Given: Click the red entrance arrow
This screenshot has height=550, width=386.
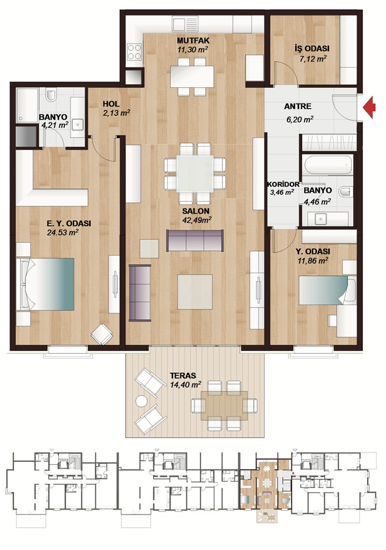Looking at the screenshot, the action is (x=369, y=108).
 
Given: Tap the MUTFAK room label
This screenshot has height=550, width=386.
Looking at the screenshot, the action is (x=193, y=41).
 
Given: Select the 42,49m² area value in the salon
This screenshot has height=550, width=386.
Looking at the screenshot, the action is (x=196, y=220).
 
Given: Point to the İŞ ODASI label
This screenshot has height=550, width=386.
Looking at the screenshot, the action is (x=312, y=49).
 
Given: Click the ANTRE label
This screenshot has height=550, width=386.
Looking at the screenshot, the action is (x=298, y=106).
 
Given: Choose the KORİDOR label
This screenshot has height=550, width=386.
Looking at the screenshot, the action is (x=283, y=184).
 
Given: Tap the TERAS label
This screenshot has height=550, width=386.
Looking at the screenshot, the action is (x=183, y=375).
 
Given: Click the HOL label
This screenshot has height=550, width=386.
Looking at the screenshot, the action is (x=111, y=104).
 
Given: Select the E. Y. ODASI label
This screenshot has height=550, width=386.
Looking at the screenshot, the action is (x=69, y=223).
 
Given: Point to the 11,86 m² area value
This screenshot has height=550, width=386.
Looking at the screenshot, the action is (x=313, y=261).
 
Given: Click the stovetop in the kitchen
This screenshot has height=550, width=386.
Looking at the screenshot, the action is (x=135, y=52).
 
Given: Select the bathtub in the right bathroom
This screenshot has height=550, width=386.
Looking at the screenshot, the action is (x=328, y=165).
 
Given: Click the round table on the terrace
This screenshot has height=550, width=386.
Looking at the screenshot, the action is (x=142, y=401).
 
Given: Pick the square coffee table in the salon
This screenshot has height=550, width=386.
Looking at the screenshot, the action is (x=195, y=291).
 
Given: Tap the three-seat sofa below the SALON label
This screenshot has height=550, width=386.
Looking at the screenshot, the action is (x=195, y=241).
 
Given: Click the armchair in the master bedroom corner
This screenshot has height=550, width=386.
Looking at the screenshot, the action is (x=102, y=333).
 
